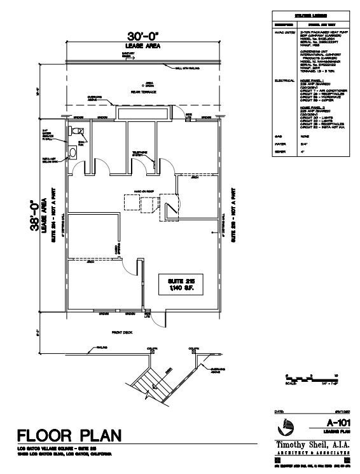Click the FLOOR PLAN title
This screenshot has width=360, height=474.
point(67,437)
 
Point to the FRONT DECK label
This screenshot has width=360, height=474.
point(120,332)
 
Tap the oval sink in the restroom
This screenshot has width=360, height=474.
point(73,152)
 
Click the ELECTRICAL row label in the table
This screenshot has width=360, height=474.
point(283,81)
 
